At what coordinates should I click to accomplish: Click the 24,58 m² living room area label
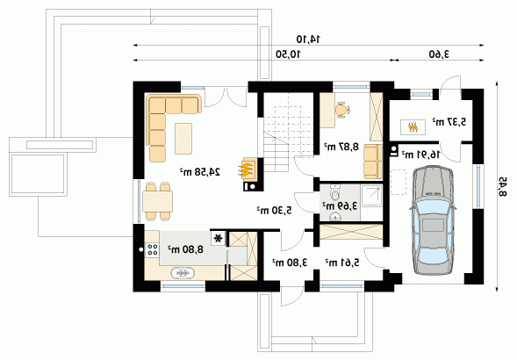(x=200, y=171)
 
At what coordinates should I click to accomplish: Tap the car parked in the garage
(x=433, y=220)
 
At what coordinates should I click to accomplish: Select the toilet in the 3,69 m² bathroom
(x=335, y=192)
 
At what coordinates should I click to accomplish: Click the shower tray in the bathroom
(x=371, y=196)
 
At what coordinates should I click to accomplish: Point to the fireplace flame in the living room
(x=246, y=169)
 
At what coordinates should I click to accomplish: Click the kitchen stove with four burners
(x=153, y=249)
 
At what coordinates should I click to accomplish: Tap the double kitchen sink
(x=183, y=273)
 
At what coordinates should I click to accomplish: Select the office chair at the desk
(x=343, y=110)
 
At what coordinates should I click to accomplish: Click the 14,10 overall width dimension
(x=308, y=40)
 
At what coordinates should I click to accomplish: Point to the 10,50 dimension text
(x=289, y=54)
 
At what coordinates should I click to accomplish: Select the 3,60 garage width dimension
(x=439, y=54)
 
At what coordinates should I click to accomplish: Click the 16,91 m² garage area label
(x=420, y=154)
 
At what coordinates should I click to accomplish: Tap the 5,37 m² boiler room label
(x=449, y=122)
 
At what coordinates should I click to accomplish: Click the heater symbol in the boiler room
(x=413, y=127)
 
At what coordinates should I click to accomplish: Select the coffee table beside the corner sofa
(x=183, y=138)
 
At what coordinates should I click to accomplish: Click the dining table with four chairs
(x=158, y=202)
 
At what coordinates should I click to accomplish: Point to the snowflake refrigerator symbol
(x=218, y=238)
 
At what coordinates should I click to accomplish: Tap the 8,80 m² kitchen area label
(x=185, y=249)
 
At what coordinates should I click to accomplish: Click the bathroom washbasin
(x=335, y=217)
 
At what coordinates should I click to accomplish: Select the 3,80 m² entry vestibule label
(x=290, y=263)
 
